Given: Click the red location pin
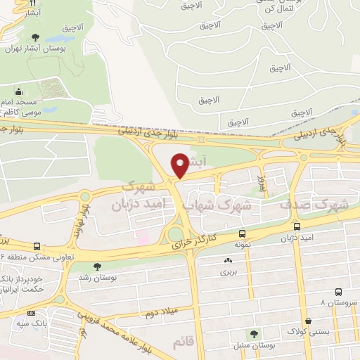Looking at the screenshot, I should tap(181, 165).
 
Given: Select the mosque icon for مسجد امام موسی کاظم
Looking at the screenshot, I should tap(18, 91).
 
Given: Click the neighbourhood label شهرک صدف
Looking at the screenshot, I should tap(314, 205).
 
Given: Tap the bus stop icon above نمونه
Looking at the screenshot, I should tap(242, 233).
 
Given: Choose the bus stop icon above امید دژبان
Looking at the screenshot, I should tap(297, 227).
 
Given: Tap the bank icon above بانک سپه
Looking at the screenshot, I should tap(30, 313).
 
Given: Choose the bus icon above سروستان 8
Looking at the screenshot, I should tap(338, 291).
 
